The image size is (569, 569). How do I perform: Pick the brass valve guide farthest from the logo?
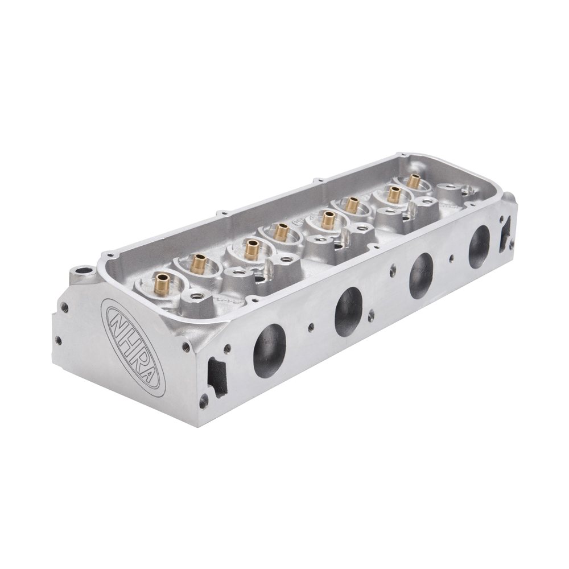414,182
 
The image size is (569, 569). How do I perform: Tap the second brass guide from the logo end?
199,262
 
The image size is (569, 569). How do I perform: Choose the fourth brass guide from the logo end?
281,231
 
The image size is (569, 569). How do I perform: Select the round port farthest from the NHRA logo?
479,246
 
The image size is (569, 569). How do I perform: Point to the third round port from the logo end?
421,275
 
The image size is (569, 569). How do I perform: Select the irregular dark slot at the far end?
504,234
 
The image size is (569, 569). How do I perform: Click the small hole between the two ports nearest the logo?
311,327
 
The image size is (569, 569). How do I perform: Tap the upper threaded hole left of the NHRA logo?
65,308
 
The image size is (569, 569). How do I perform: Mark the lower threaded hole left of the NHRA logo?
57,341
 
